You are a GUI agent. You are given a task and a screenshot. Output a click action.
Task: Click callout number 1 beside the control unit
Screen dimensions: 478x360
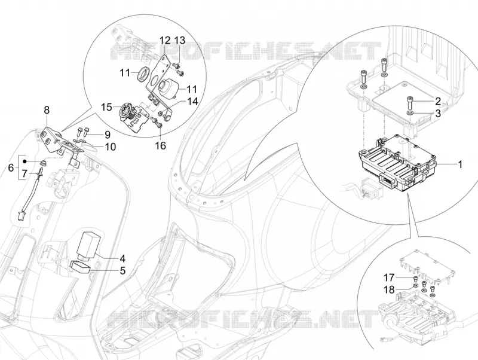pyautogui.click(x=460, y=164)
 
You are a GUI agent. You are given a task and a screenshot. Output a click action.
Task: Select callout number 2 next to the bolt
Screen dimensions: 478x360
pyautogui.click(x=438, y=101)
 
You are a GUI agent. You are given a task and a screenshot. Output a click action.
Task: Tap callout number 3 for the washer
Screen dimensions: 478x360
pyautogui.click(x=438, y=114)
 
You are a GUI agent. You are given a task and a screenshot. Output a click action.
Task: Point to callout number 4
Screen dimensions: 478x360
pyautogui.click(x=122, y=259)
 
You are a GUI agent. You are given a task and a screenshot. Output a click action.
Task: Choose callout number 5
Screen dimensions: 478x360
pyautogui.click(x=122, y=270)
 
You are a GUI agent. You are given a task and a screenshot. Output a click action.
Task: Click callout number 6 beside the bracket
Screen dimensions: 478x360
pyautogui.click(x=11, y=167)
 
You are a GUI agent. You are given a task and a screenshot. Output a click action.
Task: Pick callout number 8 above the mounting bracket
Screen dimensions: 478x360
pyautogui.click(x=47, y=110)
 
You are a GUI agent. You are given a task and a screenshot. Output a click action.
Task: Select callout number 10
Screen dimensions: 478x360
pyautogui.click(x=110, y=147)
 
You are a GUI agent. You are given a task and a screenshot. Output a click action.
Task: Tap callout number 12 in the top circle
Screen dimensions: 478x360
pyautogui.click(x=165, y=40)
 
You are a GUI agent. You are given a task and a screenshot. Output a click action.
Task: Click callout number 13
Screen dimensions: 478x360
pyautogui.click(x=180, y=40)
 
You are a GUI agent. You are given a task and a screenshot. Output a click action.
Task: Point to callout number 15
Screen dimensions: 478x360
pyautogui.click(x=107, y=107)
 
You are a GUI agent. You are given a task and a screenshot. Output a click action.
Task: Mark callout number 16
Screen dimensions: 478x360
pyautogui.click(x=161, y=145)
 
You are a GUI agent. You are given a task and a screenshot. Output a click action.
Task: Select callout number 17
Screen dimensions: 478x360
pyautogui.click(x=389, y=277)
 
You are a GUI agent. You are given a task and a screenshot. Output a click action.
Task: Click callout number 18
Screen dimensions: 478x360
pyautogui.click(x=389, y=289)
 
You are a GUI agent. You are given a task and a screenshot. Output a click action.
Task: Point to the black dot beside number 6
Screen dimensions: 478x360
pyautogui.click(x=26, y=161)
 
